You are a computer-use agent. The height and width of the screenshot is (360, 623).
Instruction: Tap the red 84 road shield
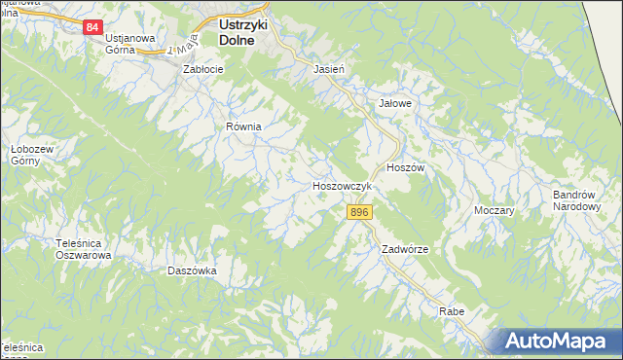[92, 27]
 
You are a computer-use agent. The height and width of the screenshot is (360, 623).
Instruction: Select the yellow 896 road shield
[359, 212]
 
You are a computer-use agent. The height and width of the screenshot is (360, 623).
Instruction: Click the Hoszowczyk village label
[342, 185]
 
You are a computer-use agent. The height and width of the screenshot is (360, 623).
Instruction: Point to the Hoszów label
[406, 167]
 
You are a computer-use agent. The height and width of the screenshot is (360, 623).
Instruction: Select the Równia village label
[245, 126]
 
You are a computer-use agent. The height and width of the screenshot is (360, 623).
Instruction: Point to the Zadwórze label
[405, 249]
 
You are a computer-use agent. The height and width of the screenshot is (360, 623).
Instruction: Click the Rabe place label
[451, 311]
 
